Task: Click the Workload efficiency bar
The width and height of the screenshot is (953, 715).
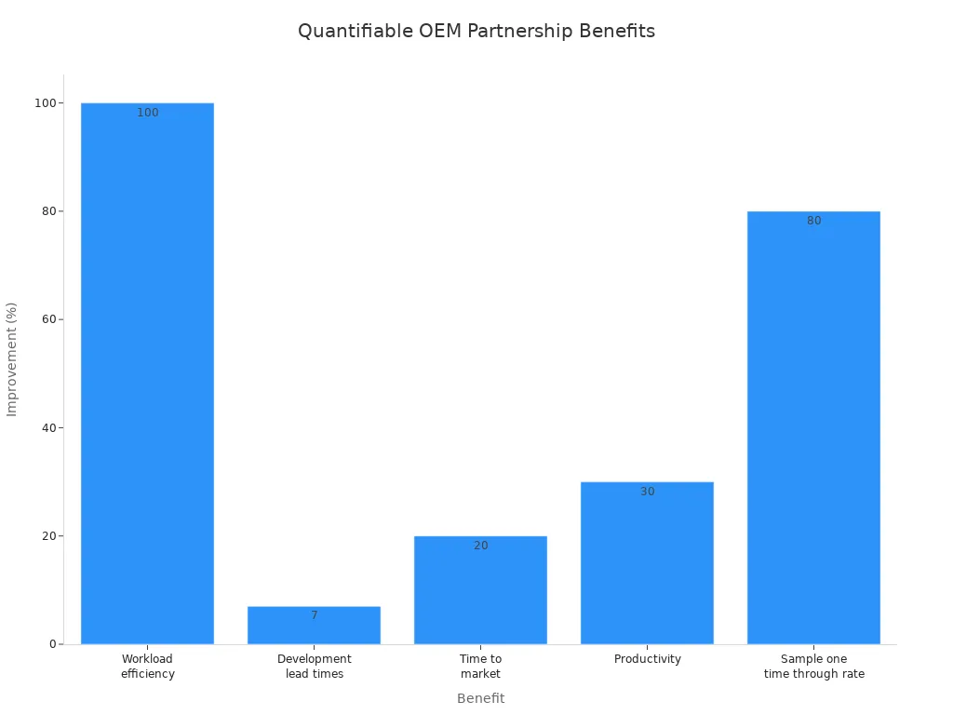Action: click(x=147, y=372)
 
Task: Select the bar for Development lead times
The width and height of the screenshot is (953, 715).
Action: click(x=314, y=629)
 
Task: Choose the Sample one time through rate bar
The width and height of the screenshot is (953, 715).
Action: click(x=813, y=428)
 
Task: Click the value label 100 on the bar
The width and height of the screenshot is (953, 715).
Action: click(x=148, y=113)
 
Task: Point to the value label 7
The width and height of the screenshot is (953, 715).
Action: click(x=315, y=615)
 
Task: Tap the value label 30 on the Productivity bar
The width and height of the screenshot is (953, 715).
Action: click(x=648, y=492)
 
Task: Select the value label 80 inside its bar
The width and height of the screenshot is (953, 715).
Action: click(x=814, y=221)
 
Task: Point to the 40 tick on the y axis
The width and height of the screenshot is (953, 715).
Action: click(x=47, y=427)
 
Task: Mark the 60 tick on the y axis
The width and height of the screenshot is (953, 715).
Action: click(x=47, y=319)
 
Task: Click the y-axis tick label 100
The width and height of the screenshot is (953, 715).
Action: click(x=45, y=102)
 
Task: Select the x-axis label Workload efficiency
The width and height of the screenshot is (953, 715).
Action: click(x=147, y=667)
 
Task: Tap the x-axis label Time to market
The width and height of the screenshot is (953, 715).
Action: click(x=480, y=667)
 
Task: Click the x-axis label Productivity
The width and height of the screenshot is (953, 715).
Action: click(x=647, y=659)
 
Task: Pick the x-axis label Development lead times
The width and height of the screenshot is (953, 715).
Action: click(x=314, y=667)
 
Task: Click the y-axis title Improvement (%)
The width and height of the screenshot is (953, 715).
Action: click(x=12, y=359)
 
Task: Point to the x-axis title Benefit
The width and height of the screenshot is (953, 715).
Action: click(x=480, y=698)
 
